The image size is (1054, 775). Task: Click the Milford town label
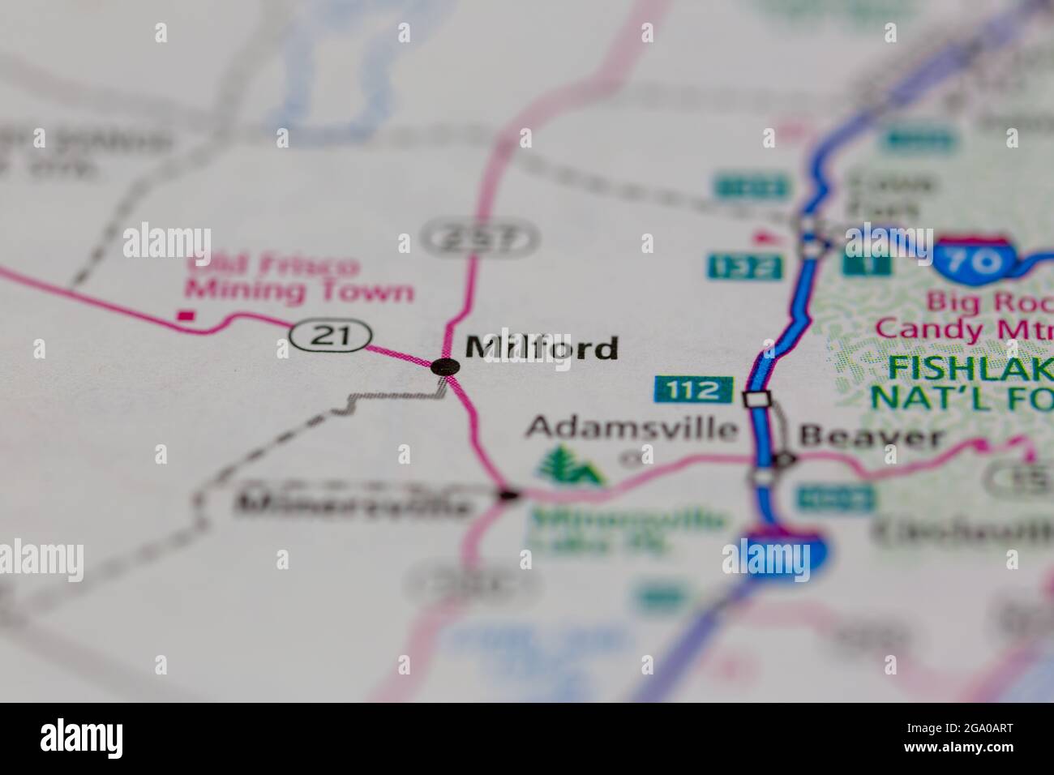pyautogui.click(x=541, y=349)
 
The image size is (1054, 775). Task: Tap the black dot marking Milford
pyautogui.click(x=444, y=366)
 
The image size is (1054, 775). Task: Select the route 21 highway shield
pyautogui.click(x=332, y=336)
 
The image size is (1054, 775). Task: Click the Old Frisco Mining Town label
pyautogui.click(x=300, y=277)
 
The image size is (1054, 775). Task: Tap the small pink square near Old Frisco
pyautogui.click(x=187, y=315)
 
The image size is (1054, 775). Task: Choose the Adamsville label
pyautogui.click(x=633, y=427)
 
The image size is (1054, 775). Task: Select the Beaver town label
pyautogui.click(x=871, y=438)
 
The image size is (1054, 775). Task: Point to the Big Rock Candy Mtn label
pyautogui.click(x=965, y=316)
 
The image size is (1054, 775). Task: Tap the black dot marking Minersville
pyautogui.click(x=508, y=493)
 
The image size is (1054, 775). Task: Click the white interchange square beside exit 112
pyautogui.click(x=756, y=399)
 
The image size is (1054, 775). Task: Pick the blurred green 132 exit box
pyautogui.click(x=744, y=265)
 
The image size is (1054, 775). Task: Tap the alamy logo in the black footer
pyautogui.click(x=82, y=737)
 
